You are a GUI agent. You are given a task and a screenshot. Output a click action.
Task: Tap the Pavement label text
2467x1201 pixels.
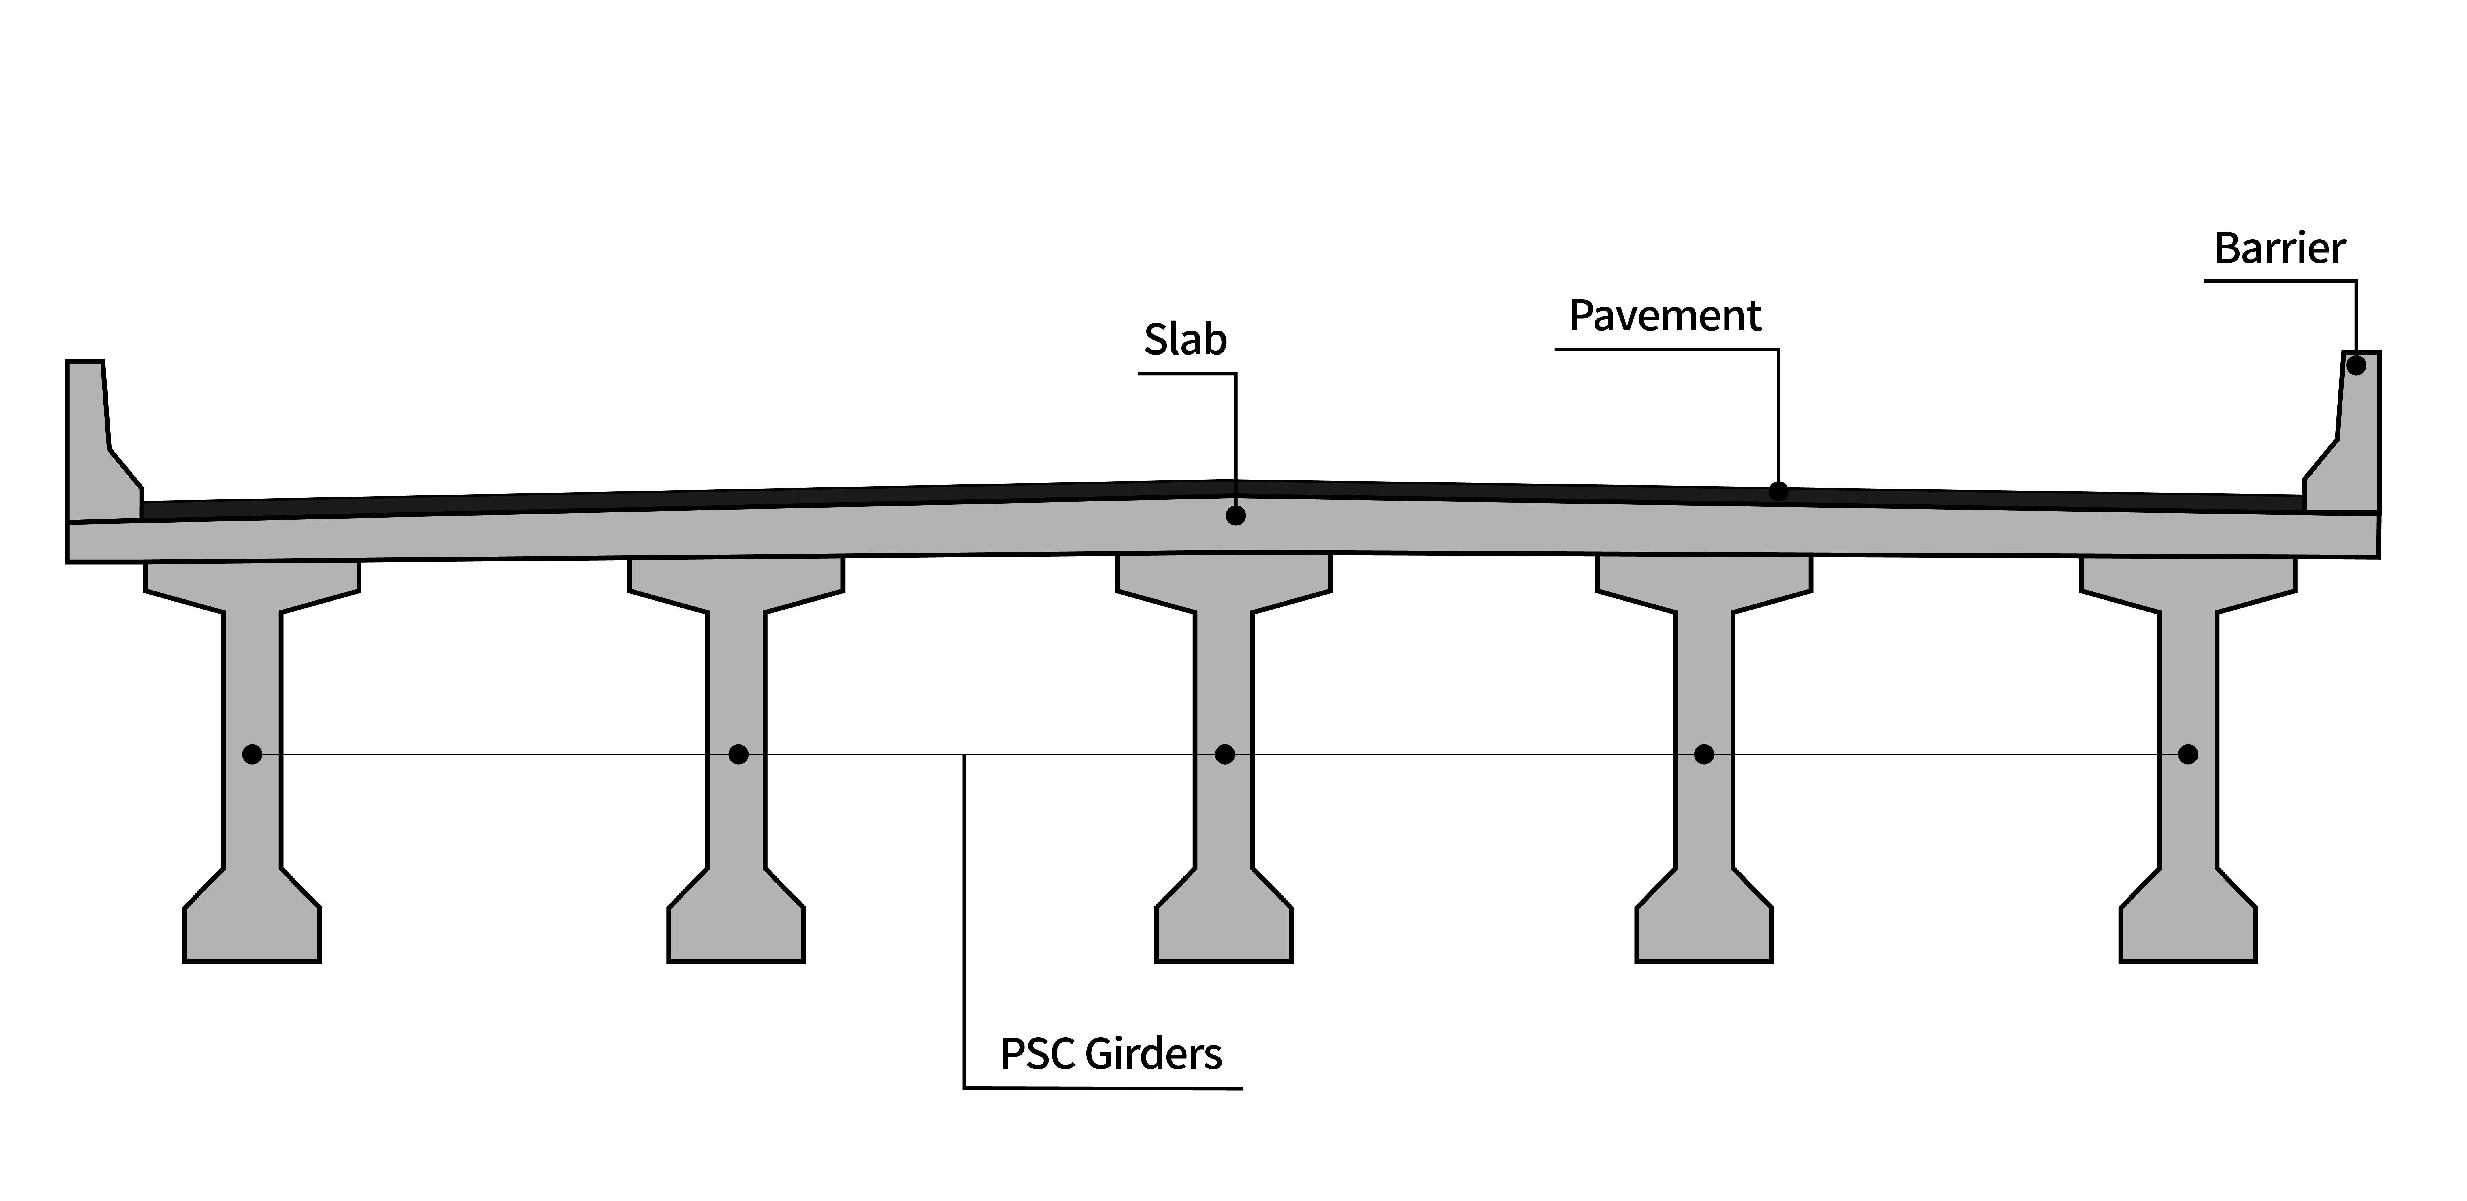click(1665, 316)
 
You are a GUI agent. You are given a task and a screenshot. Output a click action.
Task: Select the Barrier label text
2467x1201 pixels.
click(2279, 249)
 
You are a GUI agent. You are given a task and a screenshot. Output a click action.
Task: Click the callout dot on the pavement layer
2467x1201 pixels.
click(1778, 491)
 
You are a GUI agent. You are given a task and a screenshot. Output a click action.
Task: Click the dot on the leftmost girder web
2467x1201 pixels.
click(252, 755)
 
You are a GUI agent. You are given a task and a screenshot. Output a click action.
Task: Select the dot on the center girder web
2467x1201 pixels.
click(1224, 755)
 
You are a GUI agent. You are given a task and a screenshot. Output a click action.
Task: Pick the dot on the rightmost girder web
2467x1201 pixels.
click(2187, 755)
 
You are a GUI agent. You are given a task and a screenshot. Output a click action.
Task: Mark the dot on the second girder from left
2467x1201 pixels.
click(737, 755)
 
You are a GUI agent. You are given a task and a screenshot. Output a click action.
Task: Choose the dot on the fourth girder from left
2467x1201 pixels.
click(1704, 755)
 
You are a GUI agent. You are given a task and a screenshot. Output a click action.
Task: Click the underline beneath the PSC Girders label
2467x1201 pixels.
click(1101, 1088)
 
